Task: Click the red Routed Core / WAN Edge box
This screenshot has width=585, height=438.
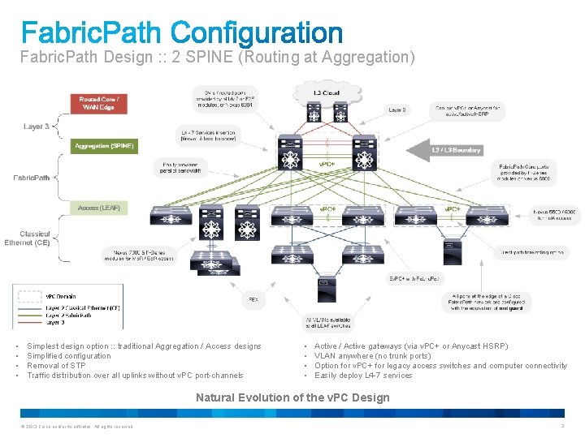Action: tap(98, 104)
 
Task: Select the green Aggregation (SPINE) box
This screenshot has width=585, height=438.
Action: tap(105, 146)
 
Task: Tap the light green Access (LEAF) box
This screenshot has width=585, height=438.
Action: tap(99, 208)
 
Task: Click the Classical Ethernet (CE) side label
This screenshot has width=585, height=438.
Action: tap(27, 238)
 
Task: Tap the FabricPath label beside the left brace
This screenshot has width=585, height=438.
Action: tap(31, 178)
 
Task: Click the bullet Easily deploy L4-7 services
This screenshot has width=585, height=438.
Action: tap(363, 376)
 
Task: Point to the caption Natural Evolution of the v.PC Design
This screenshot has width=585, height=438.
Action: tap(292, 397)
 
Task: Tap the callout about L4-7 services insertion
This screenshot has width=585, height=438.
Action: tap(208, 134)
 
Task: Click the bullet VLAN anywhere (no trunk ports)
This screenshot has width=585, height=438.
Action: tap(373, 356)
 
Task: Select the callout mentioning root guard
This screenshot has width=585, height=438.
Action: tap(487, 303)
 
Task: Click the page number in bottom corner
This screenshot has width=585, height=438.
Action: tap(561, 426)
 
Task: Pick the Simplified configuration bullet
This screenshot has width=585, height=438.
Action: tap(69, 356)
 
